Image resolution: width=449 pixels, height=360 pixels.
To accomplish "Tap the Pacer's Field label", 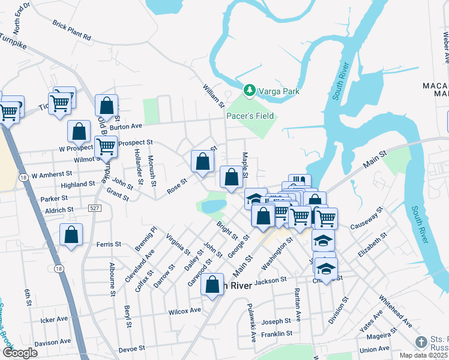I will pyautogui.click(x=250, y=116).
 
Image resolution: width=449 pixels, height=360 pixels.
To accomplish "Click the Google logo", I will pyautogui.click(x=20, y=353).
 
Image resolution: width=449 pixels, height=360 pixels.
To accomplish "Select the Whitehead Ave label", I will pyautogui.click(x=394, y=311).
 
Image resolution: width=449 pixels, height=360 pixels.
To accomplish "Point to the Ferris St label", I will pyautogui.click(x=109, y=244).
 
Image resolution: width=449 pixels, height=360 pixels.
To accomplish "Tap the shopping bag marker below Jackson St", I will pyautogui.click(x=212, y=285).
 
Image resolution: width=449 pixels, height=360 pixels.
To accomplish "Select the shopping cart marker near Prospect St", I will pyautogui.click(x=106, y=146).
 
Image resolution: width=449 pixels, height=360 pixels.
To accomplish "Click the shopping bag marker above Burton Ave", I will pyautogui.click(x=106, y=106).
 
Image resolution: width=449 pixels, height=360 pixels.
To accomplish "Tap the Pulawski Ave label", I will pyautogui.click(x=252, y=322).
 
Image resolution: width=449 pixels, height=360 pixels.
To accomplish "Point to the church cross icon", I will pyautogui.click(x=422, y=342).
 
